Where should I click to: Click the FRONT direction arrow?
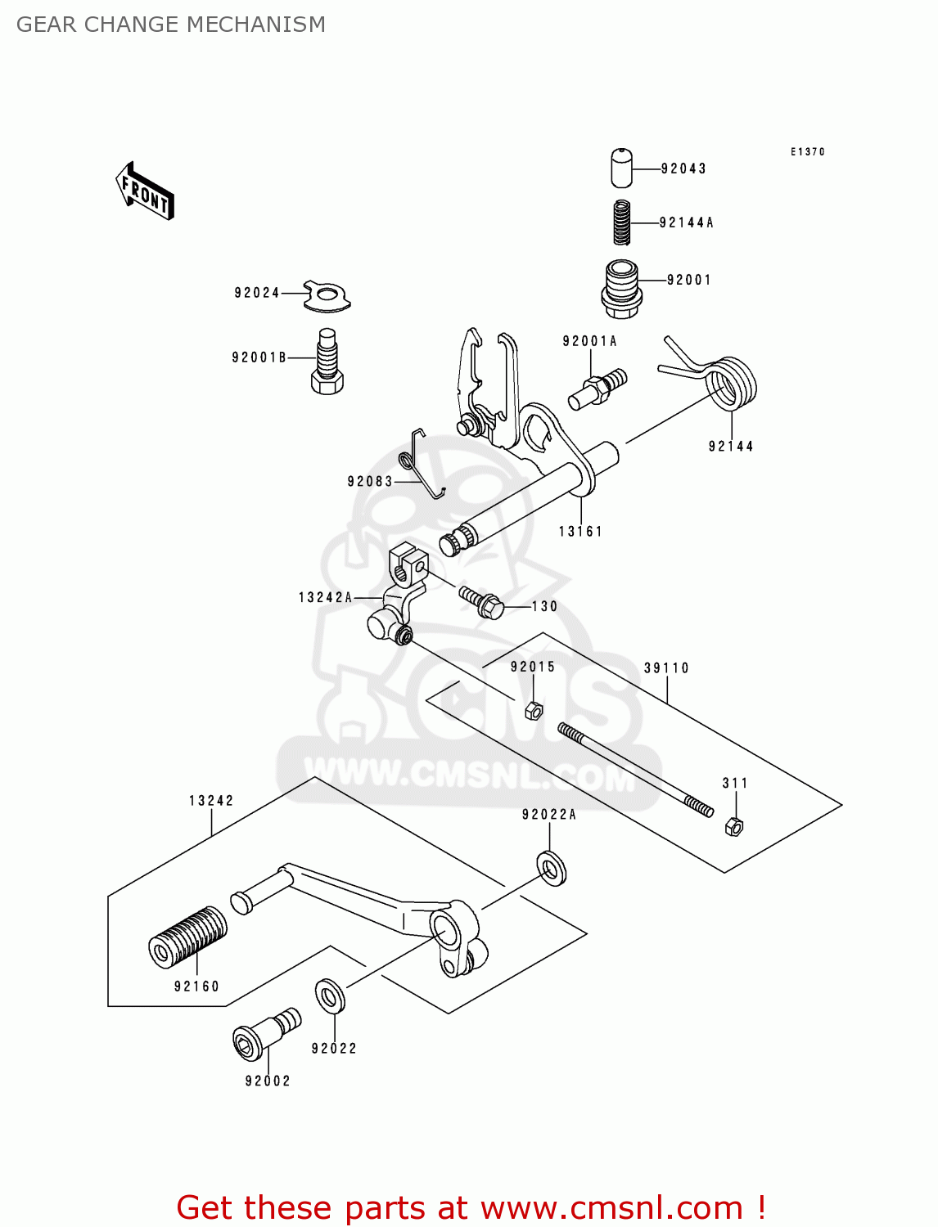pyautogui.click(x=145, y=191)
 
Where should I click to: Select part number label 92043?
pyautogui.click(x=683, y=169)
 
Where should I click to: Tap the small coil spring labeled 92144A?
pyautogui.click(x=623, y=222)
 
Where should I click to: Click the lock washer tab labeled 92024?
pyautogui.click(x=327, y=295)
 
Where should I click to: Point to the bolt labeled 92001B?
pyautogui.click(x=327, y=362)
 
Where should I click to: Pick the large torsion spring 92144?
pyautogui.click(x=729, y=384)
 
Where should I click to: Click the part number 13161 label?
pyautogui.click(x=580, y=532)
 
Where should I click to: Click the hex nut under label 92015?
pyautogui.click(x=533, y=710)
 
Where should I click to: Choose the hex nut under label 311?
pyautogui.click(x=734, y=826)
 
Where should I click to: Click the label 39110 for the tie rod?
pyautogui.click(x=666, y=668)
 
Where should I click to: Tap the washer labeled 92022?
pyautogui.click(x=330, y=996)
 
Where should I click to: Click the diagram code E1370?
pyautogui.click(x=808, y=151)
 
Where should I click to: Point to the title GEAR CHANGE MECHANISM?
pyautogui.click(x=171, y=25)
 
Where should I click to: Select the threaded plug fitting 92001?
pyautogui.click(x=621, y=289)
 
